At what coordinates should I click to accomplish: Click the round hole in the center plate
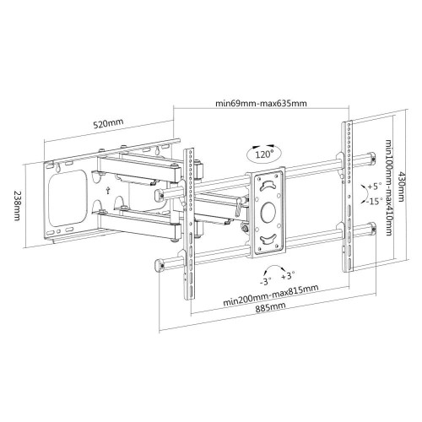click(268, 211)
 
